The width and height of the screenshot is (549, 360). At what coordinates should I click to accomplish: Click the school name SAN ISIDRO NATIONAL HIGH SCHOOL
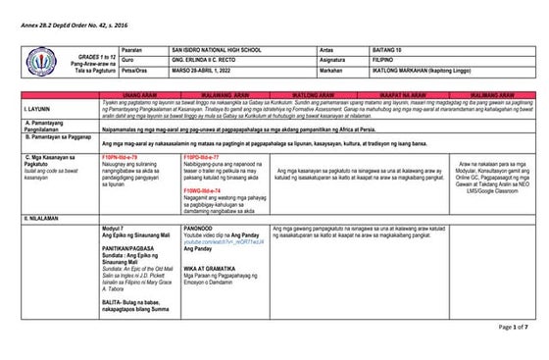click(223, 48)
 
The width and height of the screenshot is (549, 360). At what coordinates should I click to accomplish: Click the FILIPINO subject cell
click(389, 59)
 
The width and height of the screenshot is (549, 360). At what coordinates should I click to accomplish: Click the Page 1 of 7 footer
click(512, 327)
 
